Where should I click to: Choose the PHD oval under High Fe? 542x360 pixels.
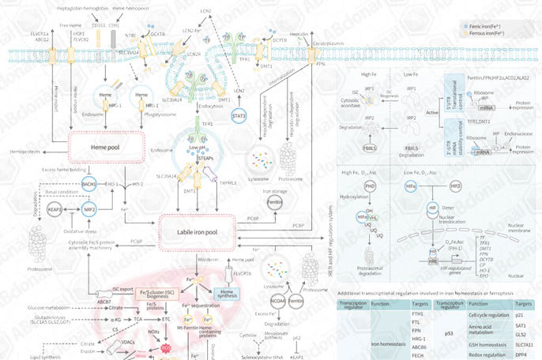click(369, 186)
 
